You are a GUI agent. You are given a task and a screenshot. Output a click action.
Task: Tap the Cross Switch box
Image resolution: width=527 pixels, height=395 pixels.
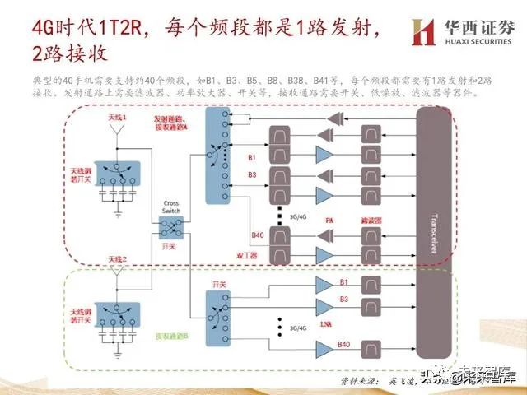(170, 218)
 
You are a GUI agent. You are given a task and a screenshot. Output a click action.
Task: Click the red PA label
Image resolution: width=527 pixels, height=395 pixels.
(328, 221)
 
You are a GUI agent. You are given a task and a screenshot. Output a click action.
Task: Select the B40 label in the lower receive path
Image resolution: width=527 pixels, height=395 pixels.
(343, 343)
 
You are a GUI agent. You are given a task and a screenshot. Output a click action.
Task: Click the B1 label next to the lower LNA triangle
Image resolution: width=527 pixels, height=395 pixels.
(343, 282)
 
